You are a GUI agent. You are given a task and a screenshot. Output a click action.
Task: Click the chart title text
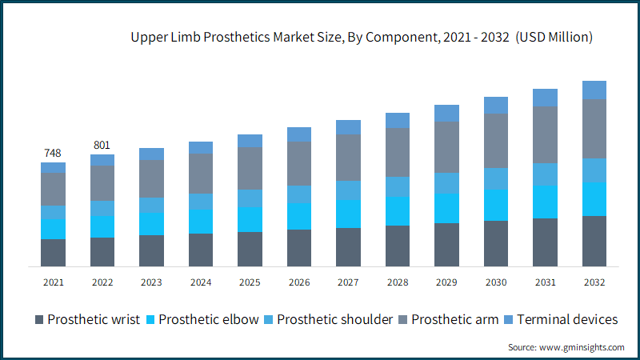click(362, 38)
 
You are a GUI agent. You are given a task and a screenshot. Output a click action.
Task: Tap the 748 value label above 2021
click(53, 153)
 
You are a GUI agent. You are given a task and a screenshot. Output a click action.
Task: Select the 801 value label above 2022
click(102, 145)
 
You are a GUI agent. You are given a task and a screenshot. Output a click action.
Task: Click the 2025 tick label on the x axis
click(250, 282)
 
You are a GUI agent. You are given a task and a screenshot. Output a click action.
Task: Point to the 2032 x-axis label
click(594, 282)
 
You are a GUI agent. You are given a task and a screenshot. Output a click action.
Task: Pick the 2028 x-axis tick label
click(398, 282)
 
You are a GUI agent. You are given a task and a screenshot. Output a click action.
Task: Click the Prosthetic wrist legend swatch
click(39, 320)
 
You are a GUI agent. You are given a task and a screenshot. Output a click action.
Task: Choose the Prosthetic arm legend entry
click(457, 319)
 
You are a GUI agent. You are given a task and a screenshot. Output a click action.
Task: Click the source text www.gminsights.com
click(566, 347)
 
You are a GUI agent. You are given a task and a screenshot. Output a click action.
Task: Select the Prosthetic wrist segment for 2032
click(594, 241)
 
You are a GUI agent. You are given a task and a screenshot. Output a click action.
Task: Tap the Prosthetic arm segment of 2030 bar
click(496, 141)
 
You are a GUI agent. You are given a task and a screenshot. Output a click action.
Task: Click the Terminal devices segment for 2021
click(53, 167)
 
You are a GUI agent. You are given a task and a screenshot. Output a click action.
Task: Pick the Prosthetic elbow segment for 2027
click(348, 214)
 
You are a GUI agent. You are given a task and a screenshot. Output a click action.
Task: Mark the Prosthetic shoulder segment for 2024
click(201, 202)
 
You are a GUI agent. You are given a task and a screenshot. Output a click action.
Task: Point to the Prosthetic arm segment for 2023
click(151, 178)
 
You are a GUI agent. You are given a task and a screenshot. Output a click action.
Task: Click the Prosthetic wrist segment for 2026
click(299, 248)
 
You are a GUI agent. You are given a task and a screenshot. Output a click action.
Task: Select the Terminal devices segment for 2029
click(446, 113)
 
